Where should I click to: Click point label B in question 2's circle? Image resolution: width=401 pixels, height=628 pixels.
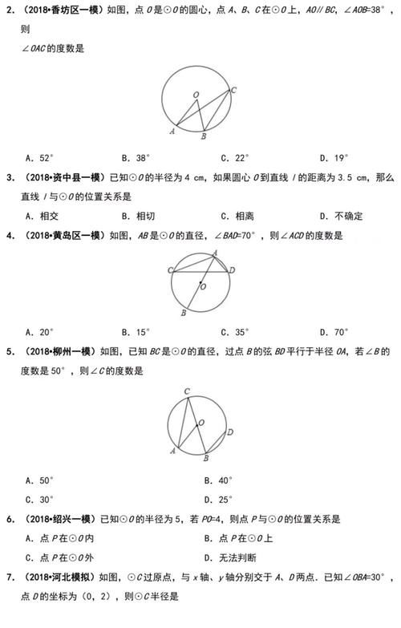[204, 137]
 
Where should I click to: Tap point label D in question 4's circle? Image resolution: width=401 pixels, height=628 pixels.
[233, 271]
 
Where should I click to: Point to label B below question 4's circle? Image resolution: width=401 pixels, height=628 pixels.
[184, 314]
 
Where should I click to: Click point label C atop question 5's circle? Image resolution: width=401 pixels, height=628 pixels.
[186, 391]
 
